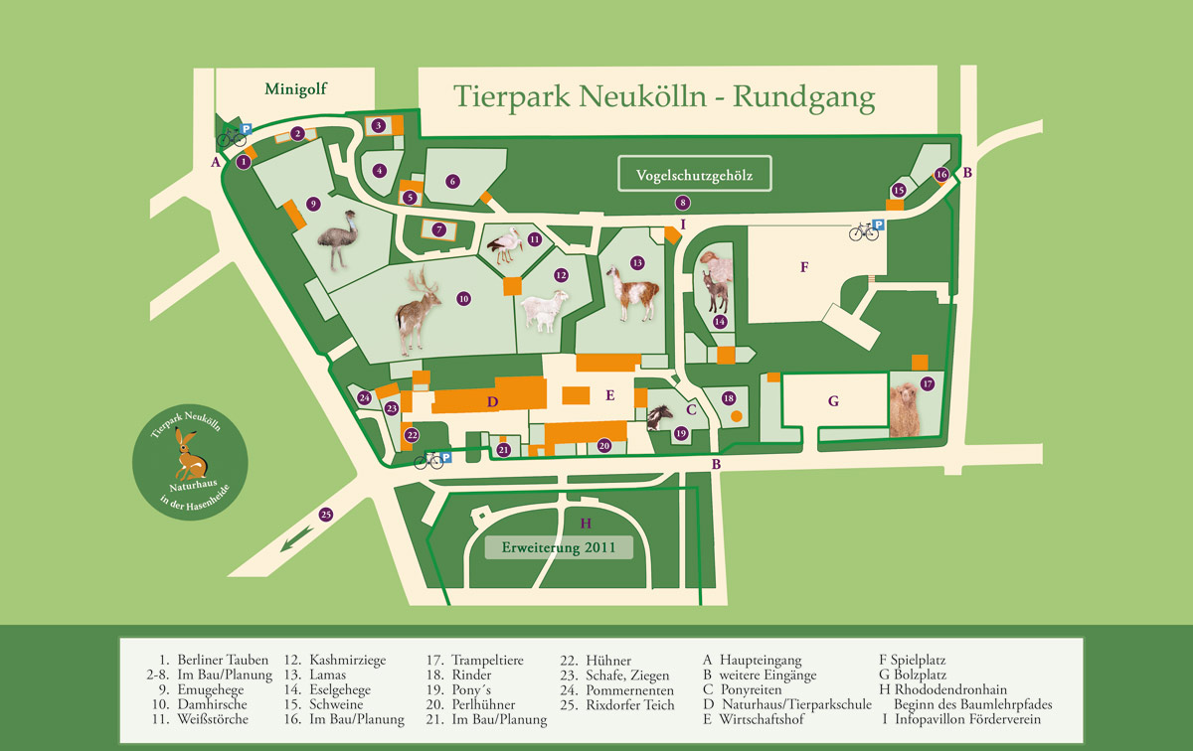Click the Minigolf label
295,89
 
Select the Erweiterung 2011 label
559,547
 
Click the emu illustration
338,239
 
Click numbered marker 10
463,297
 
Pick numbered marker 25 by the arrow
325,515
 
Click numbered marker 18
729,398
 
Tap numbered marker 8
683,202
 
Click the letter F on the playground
803,267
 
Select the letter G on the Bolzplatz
833,402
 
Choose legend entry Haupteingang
760,660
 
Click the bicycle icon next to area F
863,231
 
